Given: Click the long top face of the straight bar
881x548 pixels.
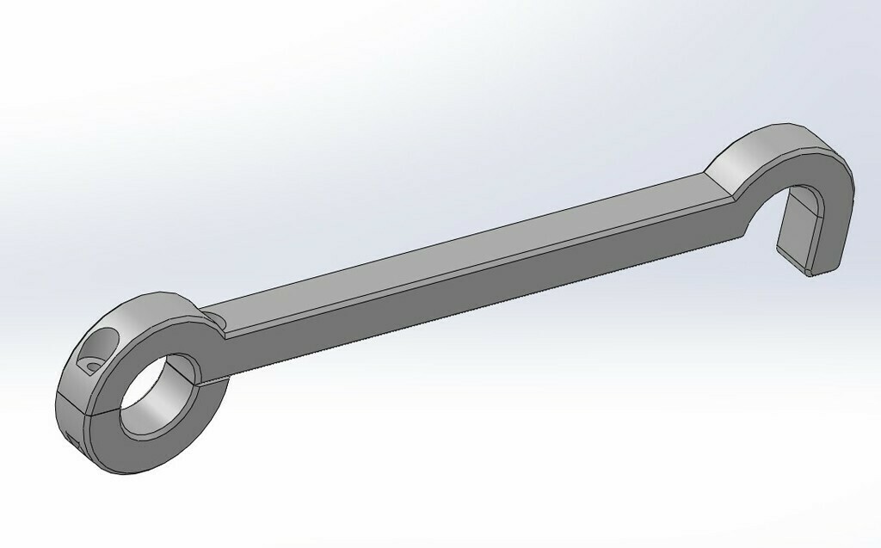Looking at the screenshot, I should tap(465, 246).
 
